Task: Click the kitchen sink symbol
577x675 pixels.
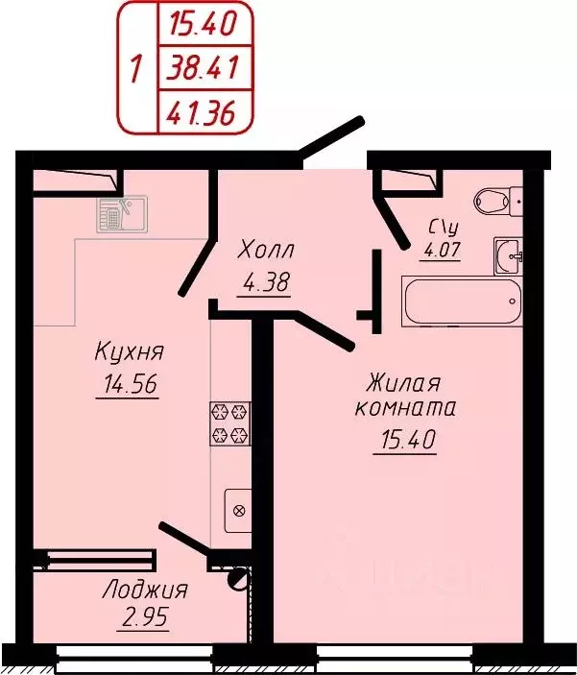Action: pos(120,213)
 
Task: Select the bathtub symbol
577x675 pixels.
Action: pos(462,303)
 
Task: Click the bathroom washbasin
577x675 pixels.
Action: pos(509,255)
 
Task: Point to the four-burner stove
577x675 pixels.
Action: pos(231,423)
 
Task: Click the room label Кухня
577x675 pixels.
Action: pos(126,352)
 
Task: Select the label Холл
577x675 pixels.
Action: pos(265,252)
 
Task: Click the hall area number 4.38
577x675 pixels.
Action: pos(264,283)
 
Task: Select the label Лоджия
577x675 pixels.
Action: pos(144,590)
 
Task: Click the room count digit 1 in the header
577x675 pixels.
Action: pos(136,69)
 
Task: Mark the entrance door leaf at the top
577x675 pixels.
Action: pos(332,135)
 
